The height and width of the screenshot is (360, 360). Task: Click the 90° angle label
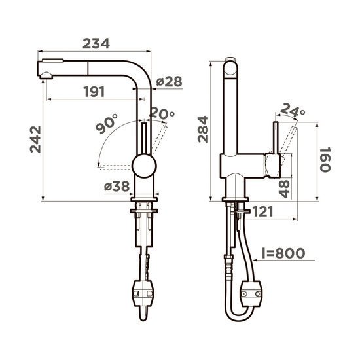(x=105, y=124)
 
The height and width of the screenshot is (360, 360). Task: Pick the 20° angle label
(x=162, y=114)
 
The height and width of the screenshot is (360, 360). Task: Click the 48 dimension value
(x=284, y=189)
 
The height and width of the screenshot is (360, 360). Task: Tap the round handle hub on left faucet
(x=143, y=166)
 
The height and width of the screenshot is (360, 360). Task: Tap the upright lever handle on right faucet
(x=276, y=137)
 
